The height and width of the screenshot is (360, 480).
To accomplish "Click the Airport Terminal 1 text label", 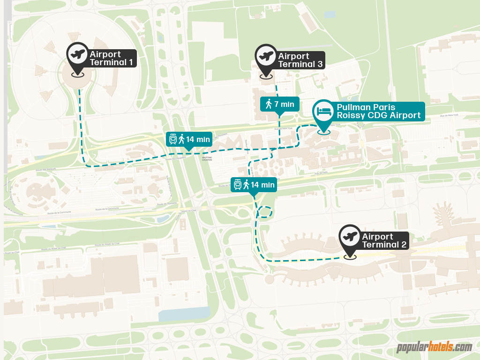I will pos(111,59).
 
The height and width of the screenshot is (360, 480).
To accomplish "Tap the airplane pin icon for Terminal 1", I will pos(77,54).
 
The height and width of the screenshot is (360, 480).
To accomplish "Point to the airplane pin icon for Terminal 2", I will pos(349,236).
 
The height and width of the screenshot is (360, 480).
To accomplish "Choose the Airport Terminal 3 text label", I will pos(300,60).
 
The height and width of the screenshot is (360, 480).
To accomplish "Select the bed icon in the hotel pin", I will pos(323,112).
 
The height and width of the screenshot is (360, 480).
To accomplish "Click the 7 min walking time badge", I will pos(279,104).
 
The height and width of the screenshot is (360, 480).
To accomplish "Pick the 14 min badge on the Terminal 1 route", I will pos(189,139).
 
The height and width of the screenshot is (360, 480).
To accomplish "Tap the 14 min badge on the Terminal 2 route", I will pos(254,185).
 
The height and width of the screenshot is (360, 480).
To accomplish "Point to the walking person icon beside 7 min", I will pos(269,104).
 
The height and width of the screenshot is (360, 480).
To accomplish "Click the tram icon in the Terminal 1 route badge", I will pos(173,139).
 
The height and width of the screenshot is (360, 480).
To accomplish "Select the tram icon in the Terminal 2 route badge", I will pos(238,185).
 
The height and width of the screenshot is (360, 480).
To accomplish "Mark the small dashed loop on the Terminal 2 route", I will pos(265,213).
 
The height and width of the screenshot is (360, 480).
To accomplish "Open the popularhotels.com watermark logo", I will pos(434,347).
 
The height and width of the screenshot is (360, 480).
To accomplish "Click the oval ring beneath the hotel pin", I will pos(323,132).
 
